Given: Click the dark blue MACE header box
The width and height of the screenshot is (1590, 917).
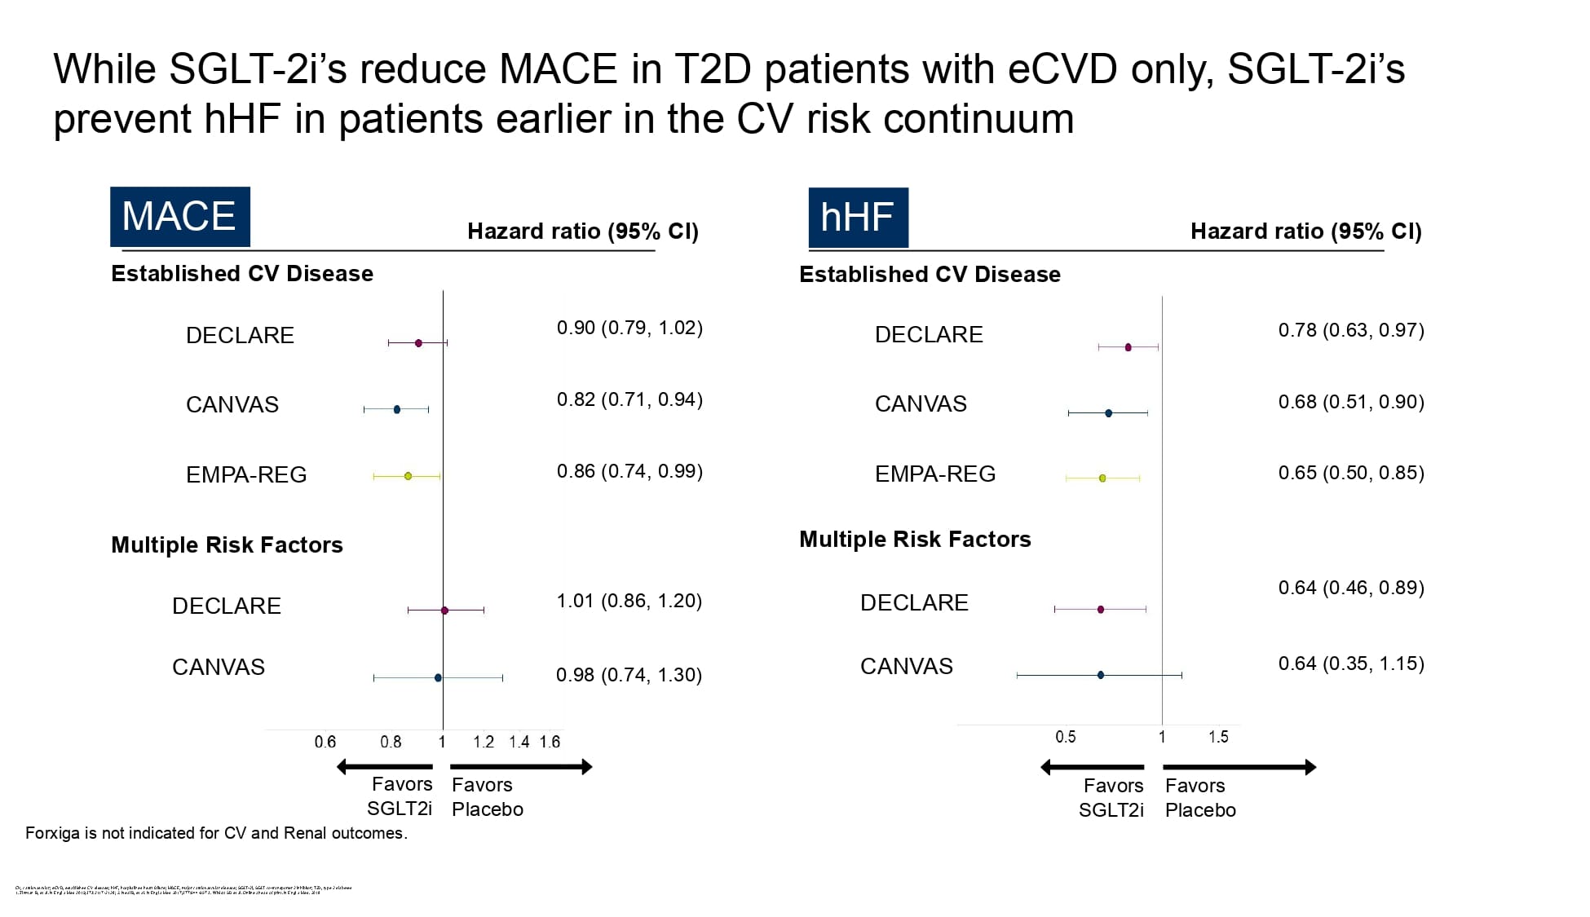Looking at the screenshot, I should click(x=179, y=217).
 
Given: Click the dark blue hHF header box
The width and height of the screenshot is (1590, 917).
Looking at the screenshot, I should click(x=858, y=218).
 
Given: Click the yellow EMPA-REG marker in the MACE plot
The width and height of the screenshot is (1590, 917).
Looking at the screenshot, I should click(x=408, y=476).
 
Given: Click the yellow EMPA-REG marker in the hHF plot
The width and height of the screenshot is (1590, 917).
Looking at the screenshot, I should click(x=1102, y=478).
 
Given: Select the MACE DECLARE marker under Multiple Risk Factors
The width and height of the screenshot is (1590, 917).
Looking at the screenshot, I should click(x=444, y=611).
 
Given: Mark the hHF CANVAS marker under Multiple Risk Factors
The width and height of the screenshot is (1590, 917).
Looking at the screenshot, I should click(x=1101, y=675).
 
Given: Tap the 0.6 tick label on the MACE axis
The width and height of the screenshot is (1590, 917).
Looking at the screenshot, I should click(x=325, y=742).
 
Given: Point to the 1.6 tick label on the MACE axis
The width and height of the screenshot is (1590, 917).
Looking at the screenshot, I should click(x=550, y=742).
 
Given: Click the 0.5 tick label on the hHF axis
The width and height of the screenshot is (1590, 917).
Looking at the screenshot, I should click(x=1065, y=737).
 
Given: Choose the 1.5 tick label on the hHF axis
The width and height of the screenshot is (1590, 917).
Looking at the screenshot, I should click(x=1218, y=737).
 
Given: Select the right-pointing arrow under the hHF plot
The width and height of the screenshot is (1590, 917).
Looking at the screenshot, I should click(x=1239, y=767).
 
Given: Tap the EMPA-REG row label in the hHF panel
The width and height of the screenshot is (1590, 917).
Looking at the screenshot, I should click(x=934, y=474).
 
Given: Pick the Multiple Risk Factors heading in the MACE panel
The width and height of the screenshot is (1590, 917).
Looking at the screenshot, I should click(x=227, y=544).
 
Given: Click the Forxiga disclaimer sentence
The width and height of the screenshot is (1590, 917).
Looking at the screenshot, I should click(x=216, y=833).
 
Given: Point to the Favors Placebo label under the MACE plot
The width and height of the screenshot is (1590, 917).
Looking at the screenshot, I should click(x=487, y=797).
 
